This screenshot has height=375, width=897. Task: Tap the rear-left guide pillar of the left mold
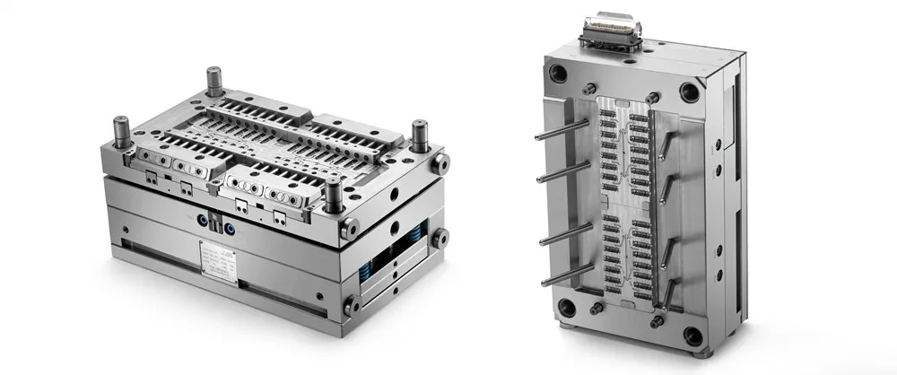(214, 82)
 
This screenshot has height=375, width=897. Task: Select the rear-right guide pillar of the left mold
(418, 134)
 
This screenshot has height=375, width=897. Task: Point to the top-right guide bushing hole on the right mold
(689, 90)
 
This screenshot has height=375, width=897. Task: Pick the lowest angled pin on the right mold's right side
(669, 289)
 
